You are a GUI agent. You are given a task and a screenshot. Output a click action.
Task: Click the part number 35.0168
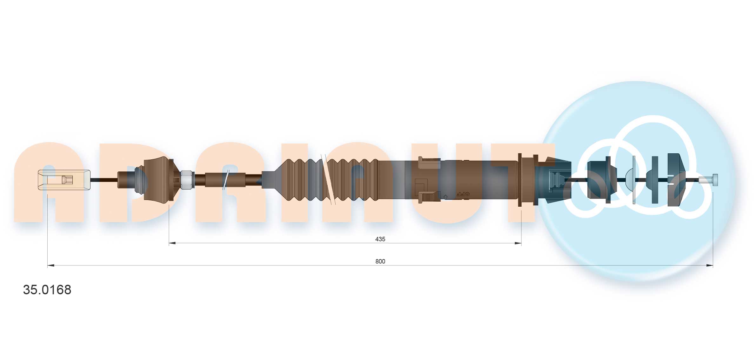tap(47, 290)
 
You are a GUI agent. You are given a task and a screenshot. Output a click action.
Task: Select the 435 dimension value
tap(380, 239)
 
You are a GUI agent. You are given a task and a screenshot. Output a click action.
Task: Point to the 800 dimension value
tap(380, 261)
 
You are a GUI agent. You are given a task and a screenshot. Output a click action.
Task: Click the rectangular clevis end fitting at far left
tap(64, 180)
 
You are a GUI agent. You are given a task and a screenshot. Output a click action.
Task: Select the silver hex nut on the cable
tap(187, 180)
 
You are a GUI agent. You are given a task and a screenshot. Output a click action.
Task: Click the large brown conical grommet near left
tap(157, 180)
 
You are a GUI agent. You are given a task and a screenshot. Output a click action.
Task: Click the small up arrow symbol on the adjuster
tap(445, 197)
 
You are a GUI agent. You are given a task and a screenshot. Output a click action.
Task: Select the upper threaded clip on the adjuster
tap(429, 163)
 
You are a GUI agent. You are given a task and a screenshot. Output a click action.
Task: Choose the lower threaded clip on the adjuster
tap(429, 197)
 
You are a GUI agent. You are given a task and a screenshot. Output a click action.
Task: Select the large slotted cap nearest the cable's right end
tap(676, 180)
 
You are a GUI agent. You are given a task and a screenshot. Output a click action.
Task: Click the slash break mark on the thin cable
tap(226, 180)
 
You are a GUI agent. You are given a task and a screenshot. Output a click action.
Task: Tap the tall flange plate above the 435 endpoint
tap(520, 180)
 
